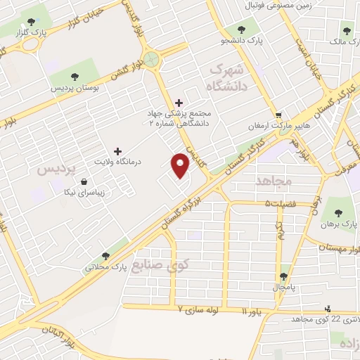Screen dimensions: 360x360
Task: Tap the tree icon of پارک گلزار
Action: click(x=23, y=32)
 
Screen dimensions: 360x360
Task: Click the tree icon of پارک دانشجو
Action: click(x=241, y=30)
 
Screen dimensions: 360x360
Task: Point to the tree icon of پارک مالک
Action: click(x=346, y=31)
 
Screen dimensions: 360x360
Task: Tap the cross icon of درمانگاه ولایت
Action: click(x=117, y=151)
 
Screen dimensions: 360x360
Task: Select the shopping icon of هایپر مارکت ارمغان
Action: click(x=278, y=116)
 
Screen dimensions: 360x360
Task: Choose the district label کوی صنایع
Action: click(x=164, y=266)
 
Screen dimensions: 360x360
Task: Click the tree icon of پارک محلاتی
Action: click(x=105, y=256)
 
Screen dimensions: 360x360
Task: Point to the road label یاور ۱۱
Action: click(x=253, y=310)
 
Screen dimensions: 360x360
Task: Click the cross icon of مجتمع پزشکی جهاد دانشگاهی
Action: click(x=179, y=103)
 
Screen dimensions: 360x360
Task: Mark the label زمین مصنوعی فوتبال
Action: click(x=274, y=6)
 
